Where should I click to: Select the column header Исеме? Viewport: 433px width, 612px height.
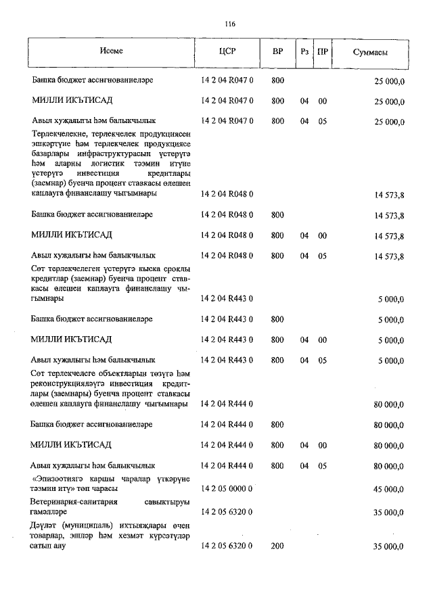click(x=111, y=51)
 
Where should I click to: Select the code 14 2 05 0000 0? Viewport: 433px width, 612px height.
click(x=227, y=488)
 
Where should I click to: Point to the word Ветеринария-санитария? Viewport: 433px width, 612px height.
click(x=74, y=502)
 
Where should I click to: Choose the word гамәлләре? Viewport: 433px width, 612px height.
click(x=51, y=513)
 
